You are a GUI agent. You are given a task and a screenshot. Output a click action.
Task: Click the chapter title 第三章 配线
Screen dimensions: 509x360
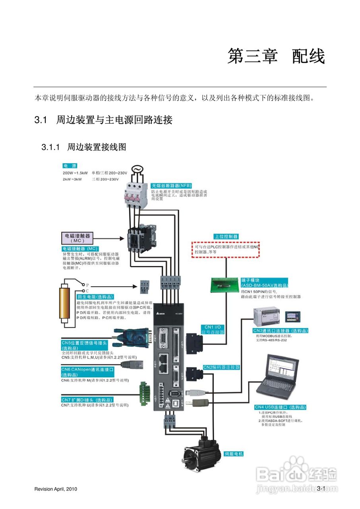pos(276,56)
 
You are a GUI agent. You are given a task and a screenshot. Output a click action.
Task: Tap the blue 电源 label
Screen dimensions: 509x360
pos(70,166)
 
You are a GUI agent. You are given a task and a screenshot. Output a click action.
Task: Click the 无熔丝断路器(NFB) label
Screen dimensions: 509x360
pos(171,186)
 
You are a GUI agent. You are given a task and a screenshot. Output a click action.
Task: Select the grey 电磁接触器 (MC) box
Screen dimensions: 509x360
pos(77,238)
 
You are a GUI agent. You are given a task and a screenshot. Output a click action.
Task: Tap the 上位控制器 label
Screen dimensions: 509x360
pos(226,236)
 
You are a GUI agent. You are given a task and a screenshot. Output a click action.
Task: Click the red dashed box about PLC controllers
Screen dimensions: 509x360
pos(225,249)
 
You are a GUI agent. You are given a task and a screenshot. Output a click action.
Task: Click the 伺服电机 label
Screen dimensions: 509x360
pos(234,454)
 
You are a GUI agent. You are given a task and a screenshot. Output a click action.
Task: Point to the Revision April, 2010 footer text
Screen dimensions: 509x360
pos(56,489)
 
